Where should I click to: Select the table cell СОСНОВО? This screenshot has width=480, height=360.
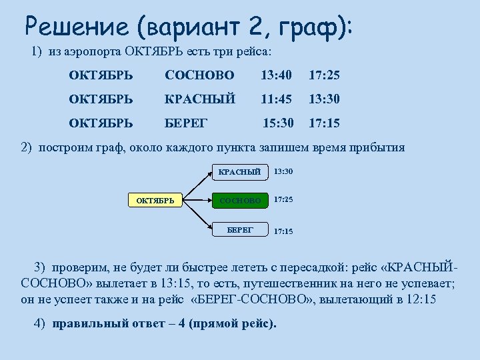[x=199, y=75]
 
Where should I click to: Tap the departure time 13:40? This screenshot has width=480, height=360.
[x=276, y=75]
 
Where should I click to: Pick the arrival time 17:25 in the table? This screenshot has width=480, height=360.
[x=324, y=75]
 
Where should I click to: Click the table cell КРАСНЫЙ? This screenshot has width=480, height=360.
[x=200, y=99]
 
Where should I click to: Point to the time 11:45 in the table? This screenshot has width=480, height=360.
[x=276, y=99]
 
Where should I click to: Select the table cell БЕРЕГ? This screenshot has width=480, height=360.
[x=187, y=123]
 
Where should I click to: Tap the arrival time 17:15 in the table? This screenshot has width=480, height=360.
[x=324, y=123]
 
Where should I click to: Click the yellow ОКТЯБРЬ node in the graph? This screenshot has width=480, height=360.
[x=155, y=199]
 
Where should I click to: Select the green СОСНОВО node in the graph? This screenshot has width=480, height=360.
[x=239, y=199]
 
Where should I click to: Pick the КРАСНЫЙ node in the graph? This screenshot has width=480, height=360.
[x=239, y=172]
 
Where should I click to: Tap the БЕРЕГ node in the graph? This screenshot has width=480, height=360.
[x=239, y=229]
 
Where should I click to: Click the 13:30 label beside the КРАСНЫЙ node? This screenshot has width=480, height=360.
[x=283, y=172]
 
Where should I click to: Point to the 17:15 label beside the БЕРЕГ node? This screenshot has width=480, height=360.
[x=283, y=231]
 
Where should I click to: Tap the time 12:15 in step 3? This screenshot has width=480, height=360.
[x=421, y=299]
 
